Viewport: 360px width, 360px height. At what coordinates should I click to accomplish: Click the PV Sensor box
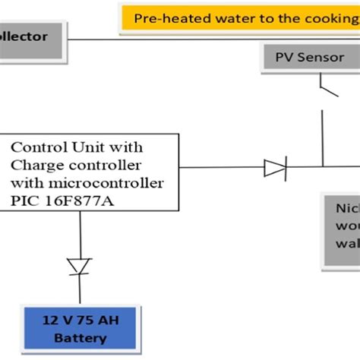(x=303, y=58)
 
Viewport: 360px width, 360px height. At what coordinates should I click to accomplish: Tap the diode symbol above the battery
(x=79, y=266)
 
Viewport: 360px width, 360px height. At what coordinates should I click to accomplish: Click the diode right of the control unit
(x=275, y=167)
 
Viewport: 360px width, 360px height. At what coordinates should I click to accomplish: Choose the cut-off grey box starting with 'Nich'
(x=342, y=228)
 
